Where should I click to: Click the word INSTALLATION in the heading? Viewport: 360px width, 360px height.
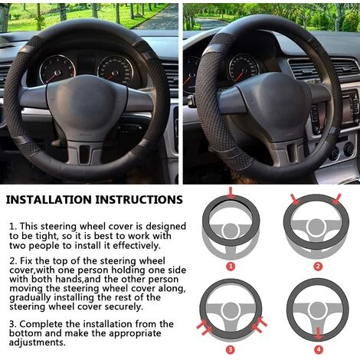point(48,200)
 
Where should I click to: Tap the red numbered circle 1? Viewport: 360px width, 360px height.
point(231,267)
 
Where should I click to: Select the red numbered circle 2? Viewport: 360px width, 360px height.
point(318,267)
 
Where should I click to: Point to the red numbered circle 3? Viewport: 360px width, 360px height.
point(231,349)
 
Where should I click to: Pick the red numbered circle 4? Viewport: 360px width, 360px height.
point(319,349)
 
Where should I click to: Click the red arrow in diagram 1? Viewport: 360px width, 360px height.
point(231,192)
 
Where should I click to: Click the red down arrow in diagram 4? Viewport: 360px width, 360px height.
point(318,333)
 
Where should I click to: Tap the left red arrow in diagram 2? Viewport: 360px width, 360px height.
point(295,199)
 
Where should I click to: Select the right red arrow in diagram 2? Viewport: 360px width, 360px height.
point(337,199)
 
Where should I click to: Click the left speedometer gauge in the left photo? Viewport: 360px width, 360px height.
point(57,70)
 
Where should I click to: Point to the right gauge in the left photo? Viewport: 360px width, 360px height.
point(116,70)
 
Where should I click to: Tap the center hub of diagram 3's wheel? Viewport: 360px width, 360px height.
point(231,311)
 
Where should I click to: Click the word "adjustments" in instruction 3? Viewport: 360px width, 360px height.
point(38,342)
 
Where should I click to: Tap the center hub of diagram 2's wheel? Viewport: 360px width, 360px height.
point(316,227)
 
